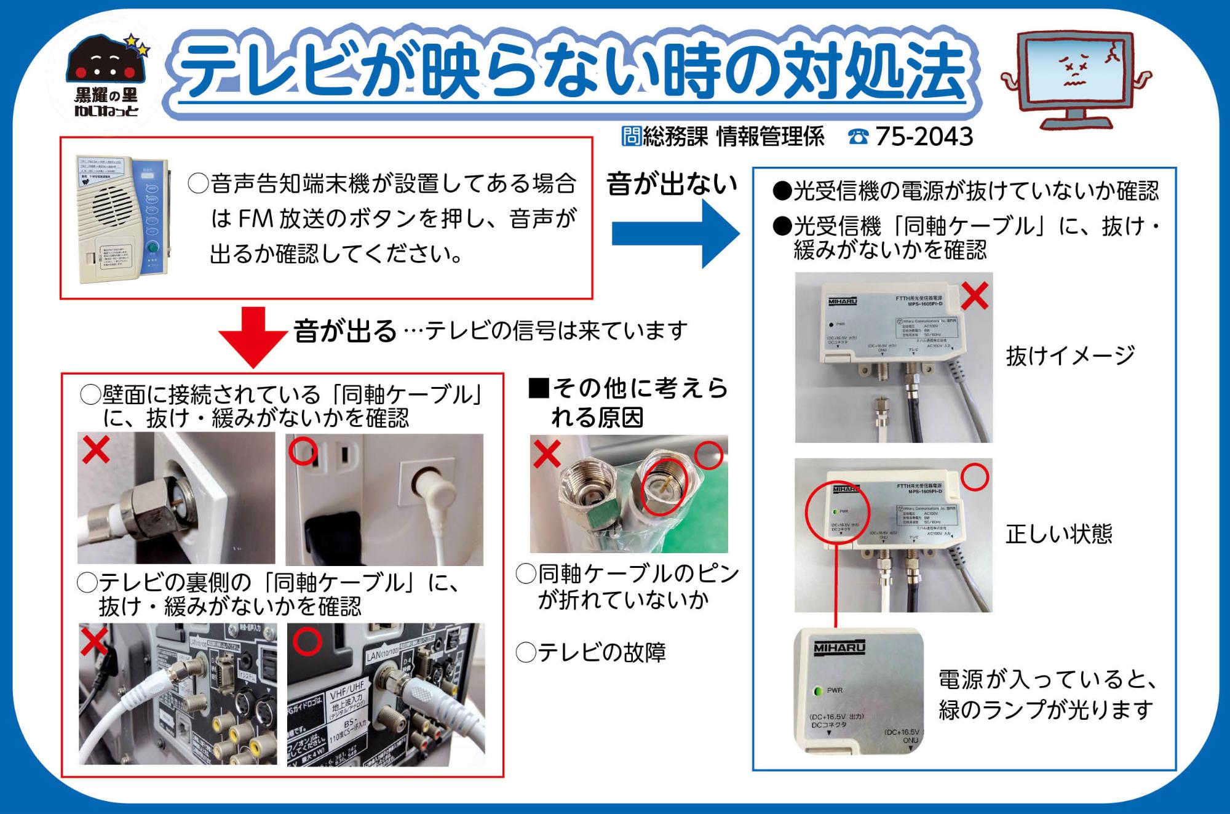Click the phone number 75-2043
[924, 137]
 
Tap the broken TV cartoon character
[1076, 81]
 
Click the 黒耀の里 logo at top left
[106, 76]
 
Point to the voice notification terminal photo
[121, 219]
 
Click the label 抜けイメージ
[1070, 356]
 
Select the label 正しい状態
[1058, 533]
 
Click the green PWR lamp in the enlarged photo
[818, 691]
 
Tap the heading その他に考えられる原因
[627, 402]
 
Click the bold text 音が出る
[346, 331]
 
